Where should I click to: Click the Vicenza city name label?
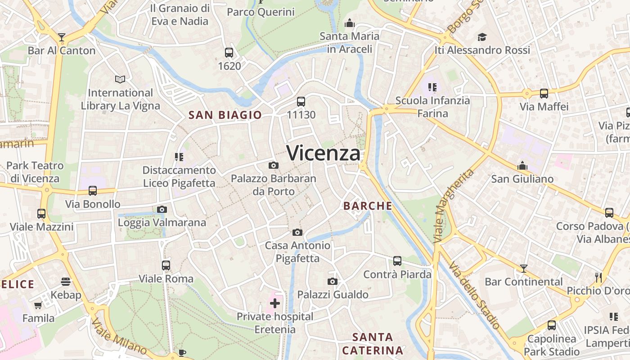coord(323,153)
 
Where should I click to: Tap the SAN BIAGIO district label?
coord(225,115)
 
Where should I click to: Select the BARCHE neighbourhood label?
coord(368,206)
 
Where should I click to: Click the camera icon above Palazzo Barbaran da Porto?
coord(273,166)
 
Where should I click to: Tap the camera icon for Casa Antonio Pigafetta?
coord(297,233)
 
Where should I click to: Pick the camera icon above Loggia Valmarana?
coord(162,210)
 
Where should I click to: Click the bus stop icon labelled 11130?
coord(301,102)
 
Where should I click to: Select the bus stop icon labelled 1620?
coord(229,53)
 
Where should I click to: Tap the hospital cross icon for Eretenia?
coord(275,303)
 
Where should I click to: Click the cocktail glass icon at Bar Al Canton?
coord(62,37)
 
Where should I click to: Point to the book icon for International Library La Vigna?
coord(120,80)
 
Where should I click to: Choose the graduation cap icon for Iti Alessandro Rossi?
coord(482,37)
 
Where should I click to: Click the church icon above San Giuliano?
coord(522,166)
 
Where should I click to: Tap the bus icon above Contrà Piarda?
coord(397,261)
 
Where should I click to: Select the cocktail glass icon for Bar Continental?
coord(523,269)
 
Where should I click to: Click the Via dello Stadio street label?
coord(475,295)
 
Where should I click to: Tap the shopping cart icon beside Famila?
coord(38,306)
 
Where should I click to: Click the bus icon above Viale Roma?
coord(166,265)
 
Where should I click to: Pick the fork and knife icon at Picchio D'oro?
coord(598,277)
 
